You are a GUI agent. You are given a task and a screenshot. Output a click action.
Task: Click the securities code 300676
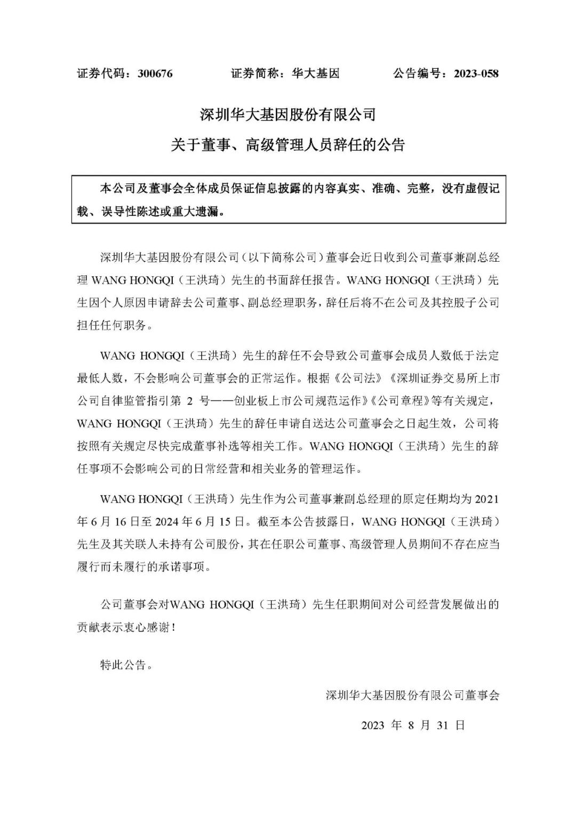click(x=155, y=74)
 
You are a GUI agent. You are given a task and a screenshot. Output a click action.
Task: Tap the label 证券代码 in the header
click(x=103, y=74)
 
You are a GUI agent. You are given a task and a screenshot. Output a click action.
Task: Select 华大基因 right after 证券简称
click(x=316, y=74)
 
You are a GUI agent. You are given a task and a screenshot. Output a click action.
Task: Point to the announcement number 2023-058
click(x=476, y=74)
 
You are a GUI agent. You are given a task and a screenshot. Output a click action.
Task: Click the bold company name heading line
click(x=288, y=114)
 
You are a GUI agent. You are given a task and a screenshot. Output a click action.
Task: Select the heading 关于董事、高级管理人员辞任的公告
click(x=288, y=144)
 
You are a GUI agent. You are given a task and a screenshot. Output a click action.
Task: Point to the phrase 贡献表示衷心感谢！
click(x=127, y=627)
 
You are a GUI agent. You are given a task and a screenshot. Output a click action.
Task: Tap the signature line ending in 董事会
click(x=412, y=695)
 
